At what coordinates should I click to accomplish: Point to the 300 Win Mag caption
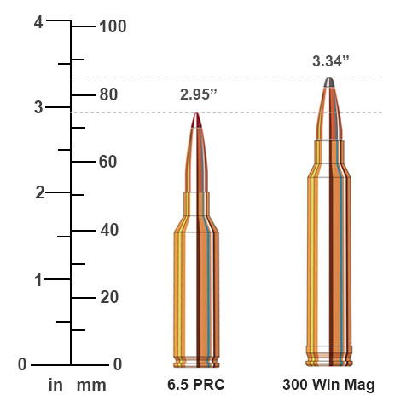328,385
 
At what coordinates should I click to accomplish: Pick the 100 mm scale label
113,26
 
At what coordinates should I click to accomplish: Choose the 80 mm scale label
107,94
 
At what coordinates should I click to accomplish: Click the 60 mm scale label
107,162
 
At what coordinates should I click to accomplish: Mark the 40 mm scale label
107,230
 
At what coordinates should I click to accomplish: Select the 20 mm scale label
107,297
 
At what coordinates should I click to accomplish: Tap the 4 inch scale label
38,23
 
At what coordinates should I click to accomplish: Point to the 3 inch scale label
38,107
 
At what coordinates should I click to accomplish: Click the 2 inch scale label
38,192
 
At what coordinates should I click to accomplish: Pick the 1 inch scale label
38,279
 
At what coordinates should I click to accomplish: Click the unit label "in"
56,385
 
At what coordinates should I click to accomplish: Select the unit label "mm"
91,385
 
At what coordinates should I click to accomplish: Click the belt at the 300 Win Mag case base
329,348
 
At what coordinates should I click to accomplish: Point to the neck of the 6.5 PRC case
197,203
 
